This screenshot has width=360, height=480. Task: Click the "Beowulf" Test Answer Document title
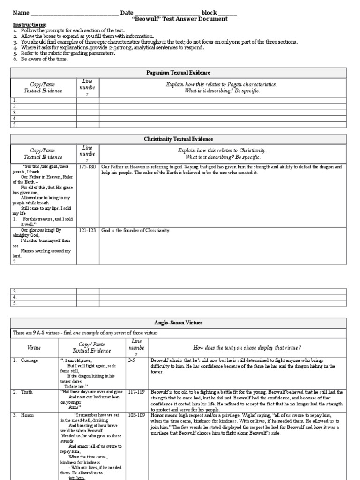(180, 19)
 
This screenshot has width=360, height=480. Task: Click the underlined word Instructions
(29, 25)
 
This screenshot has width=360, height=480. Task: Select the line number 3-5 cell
(134, 360)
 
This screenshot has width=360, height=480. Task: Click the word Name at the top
(21, 13)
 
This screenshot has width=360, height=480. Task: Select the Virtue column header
(34, 347)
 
